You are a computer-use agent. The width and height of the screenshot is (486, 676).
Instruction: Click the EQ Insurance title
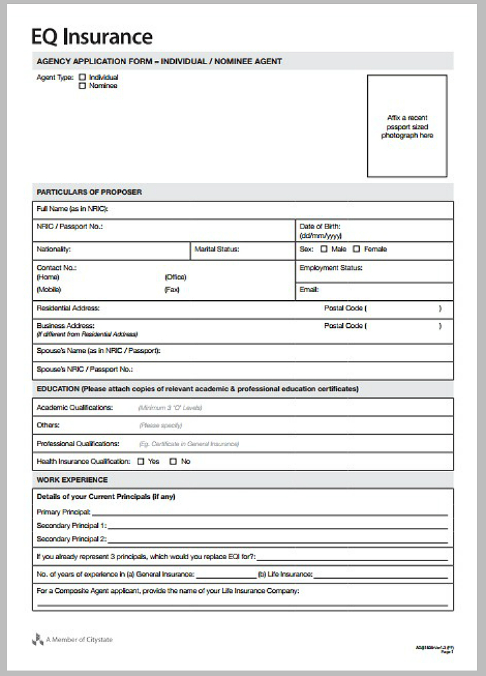click(x=92, y=36)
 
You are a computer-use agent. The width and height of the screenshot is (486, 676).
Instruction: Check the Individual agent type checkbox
click(x=83, y=77)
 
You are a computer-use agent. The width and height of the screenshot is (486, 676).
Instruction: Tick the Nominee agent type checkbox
click(x=83, y=86)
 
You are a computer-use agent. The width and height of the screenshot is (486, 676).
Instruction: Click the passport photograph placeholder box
click(x=407, y=126)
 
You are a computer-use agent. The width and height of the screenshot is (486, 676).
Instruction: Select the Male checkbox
click(x=324, y=249)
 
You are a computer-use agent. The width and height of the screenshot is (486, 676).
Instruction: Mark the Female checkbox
click(x=356, y=249)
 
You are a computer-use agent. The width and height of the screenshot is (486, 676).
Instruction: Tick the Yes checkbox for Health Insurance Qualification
click(x=140, y=462)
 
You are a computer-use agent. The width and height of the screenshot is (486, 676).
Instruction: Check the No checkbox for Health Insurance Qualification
click(x=173, y=462)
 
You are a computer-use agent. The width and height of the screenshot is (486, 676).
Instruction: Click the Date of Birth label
click(x=320, y=226)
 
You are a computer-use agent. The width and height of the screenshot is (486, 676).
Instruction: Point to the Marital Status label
click(x=217, y=249)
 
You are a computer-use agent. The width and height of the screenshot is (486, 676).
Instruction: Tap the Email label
click(x=309, y=289)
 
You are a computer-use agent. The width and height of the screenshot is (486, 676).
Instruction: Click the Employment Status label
click(x=331, y=268)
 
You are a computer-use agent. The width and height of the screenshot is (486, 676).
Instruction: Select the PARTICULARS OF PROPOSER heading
click(x=89, y=192)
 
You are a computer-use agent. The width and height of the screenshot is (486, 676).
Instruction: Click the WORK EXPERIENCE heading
click(x=72, y=480)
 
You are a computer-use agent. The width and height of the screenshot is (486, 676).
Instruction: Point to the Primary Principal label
click(x=63, y=512)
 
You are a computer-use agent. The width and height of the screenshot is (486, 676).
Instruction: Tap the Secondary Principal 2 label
click(x=72, y=539)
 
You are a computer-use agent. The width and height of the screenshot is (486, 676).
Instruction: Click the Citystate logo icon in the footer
click(x=38, y=639)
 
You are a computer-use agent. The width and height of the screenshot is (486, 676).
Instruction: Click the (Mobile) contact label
click(x=49, y=290)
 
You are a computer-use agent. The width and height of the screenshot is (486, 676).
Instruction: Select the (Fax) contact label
click(x=171, y=290)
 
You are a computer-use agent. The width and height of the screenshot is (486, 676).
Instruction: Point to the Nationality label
click(x=54, y=249)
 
